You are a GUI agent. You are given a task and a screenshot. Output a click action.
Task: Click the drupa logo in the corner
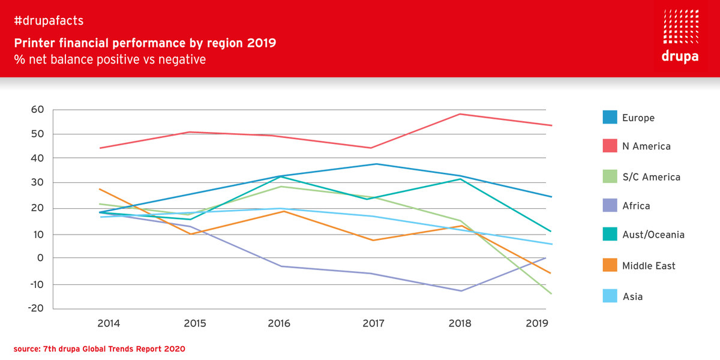680,35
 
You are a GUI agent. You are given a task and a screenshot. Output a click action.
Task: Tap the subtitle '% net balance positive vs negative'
110,59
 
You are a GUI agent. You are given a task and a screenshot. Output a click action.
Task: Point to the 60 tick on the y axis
37,110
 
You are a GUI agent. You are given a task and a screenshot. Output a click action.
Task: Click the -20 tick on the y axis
35,308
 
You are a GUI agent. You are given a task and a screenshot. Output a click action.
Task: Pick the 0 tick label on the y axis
41,258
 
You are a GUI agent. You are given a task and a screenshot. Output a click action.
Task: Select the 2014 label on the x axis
109,323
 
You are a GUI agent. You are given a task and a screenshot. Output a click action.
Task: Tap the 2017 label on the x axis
374,323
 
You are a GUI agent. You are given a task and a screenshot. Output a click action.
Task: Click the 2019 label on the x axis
537,323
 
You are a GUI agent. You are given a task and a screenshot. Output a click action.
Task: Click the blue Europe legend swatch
610,117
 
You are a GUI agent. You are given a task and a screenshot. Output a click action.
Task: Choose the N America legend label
646,146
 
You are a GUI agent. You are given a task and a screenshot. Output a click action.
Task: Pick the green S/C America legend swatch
610,176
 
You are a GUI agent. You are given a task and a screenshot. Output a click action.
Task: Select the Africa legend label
636,206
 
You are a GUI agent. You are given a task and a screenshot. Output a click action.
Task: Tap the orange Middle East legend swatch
610,265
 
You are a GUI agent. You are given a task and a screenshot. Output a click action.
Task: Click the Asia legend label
632,296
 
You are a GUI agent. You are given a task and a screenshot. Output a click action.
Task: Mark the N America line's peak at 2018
460,114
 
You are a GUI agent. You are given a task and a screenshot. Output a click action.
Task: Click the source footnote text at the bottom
100,349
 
